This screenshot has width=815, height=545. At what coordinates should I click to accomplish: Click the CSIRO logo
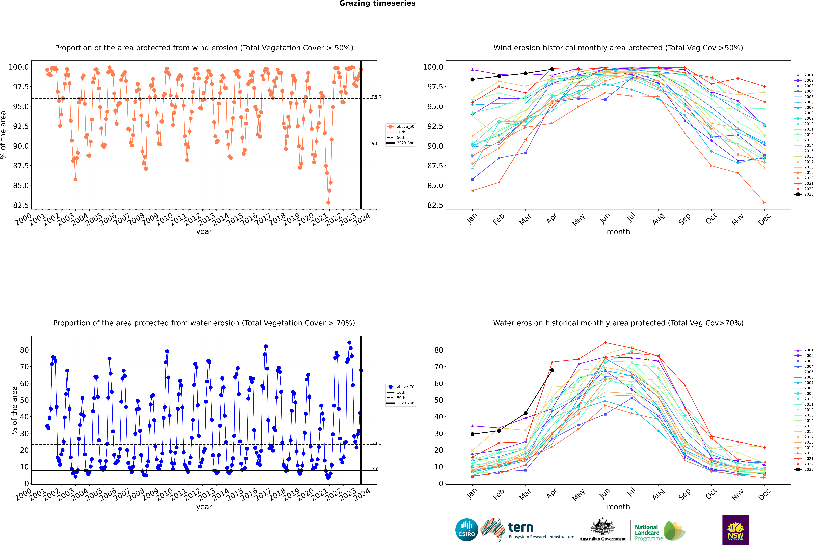point(467,530)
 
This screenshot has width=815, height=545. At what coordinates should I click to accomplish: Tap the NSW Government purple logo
point(735,530)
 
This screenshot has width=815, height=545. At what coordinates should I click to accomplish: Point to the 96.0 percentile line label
point(376,97)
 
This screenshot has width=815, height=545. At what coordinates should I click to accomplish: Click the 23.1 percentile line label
point(376,443)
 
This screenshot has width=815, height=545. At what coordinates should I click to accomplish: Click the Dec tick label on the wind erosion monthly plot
point(764,220)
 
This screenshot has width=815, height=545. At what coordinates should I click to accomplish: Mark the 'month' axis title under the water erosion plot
point(618,507)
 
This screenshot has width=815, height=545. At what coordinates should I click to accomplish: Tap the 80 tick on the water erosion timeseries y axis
point(24,350)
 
